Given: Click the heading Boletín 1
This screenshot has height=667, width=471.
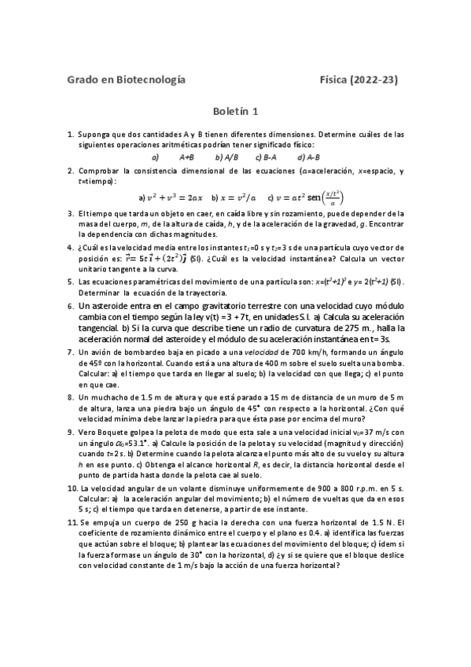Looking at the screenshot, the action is [x=236, y=112].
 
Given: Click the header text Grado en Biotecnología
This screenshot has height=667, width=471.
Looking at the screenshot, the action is [x=127, y=79].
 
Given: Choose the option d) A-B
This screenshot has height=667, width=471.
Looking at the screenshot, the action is [x=307, y=157].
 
